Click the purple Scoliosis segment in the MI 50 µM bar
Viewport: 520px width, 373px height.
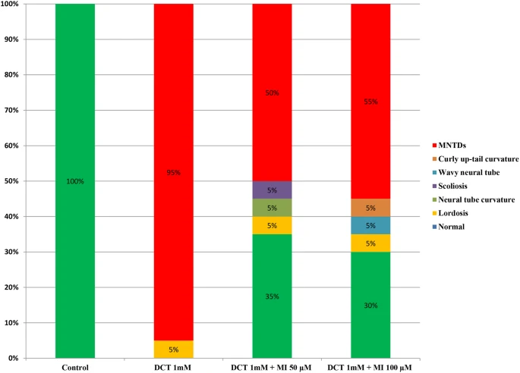272,190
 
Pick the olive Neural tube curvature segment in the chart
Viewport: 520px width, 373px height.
272,208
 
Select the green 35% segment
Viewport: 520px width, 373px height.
272,303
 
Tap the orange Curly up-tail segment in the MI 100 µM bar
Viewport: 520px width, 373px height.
370,208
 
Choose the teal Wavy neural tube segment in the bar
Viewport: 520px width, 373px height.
370,225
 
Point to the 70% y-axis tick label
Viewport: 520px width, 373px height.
11,110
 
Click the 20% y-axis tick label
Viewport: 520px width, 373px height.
11,287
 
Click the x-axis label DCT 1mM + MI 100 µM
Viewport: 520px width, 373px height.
370,367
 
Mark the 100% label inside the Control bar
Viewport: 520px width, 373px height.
75,181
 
